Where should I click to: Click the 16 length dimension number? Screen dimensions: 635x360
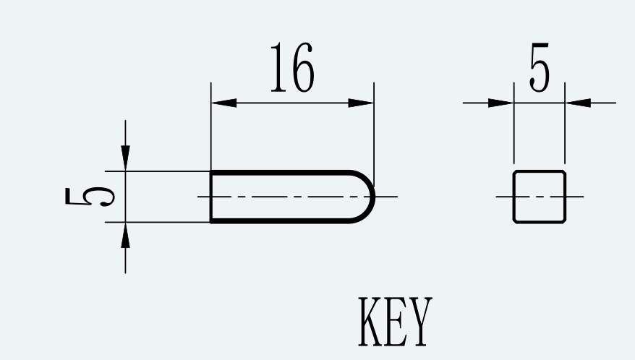pos(292,67)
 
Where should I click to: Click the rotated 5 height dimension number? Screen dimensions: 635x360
pos(90,197)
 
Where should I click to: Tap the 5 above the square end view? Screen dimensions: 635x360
pos(540,67)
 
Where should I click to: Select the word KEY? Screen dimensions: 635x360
pos(396,322)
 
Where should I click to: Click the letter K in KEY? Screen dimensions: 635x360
pos(370,322)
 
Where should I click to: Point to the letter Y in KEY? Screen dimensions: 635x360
pos(420,322)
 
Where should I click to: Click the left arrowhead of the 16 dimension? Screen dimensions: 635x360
pos(223,103)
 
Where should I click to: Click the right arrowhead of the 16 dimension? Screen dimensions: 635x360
pos(361,103)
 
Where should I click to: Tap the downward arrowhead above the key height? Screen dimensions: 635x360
pos(126,158)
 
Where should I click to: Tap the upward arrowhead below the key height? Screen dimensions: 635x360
pos(126,235)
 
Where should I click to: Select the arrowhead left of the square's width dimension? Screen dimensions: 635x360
pos(501,103)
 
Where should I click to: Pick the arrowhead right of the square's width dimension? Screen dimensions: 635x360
pos(578,103)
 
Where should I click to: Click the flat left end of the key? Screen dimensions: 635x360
pos(211,197)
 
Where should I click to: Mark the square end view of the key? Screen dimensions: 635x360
pos(540,197)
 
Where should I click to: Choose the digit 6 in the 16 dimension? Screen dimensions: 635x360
pos(302,67)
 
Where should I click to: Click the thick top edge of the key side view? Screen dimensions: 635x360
pos(280,173)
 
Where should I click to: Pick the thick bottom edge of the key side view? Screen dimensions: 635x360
pos(280,221)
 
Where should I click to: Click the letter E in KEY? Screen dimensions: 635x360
pos(396,322)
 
